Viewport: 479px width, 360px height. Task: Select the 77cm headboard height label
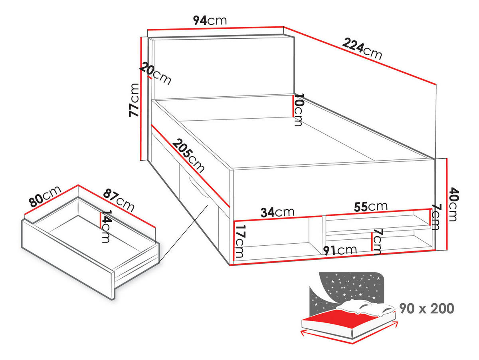click(x=134, y=100)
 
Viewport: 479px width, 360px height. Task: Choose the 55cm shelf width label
click(x=371, y=206)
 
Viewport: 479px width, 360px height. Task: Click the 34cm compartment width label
click(x=277, y=212)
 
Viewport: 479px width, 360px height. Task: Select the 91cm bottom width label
click(x=340, y=250)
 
